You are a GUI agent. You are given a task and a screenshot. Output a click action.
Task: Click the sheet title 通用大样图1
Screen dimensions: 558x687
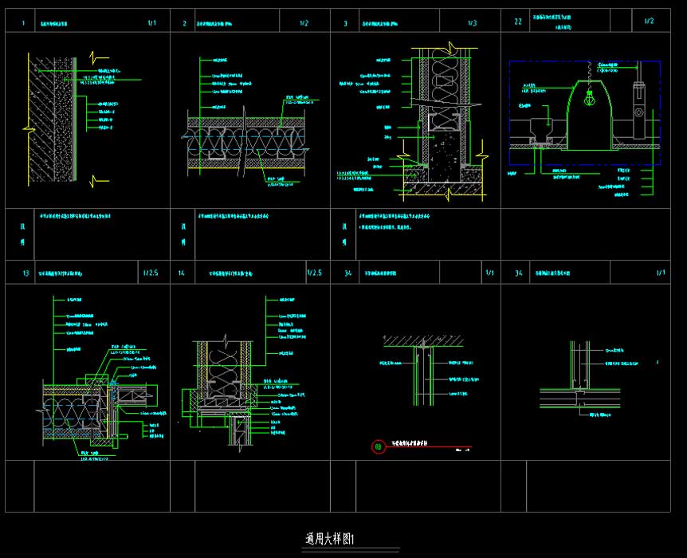point(335,539)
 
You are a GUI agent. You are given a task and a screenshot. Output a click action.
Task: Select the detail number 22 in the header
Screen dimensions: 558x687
point(518,22)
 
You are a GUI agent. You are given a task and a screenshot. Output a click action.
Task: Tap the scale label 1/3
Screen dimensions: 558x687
point(472,23)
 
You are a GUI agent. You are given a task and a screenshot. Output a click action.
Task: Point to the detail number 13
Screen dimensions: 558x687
point(26,273)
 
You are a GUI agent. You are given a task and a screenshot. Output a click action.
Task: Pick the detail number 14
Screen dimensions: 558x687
point(182,273)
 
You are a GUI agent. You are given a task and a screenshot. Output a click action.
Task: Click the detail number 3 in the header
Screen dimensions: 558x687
point(345,23)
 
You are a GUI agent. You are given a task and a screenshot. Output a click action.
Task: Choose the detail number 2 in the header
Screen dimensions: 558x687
point(184,23)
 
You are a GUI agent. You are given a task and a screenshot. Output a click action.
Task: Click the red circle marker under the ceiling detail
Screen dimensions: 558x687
point(378,446)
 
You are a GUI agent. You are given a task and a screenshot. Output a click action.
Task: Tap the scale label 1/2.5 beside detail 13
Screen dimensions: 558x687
point(150,273)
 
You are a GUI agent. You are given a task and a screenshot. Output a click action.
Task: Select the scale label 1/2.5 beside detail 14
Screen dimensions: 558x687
point(314,273)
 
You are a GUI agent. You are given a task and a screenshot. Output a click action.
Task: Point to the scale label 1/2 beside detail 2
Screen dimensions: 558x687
point(304,23)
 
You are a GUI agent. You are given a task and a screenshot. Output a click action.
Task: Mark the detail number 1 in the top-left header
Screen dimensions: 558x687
point(23,23)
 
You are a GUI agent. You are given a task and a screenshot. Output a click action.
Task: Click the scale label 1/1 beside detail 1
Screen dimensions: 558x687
point(152,23)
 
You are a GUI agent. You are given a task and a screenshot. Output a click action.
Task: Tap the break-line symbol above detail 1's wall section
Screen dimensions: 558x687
point(100,57)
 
